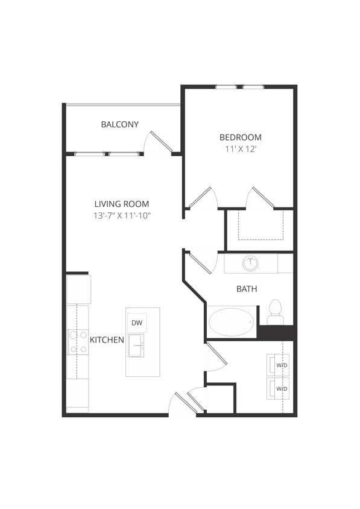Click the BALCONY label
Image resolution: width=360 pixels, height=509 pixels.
coord(119,124)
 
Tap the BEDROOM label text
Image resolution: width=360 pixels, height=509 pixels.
coord(240,137)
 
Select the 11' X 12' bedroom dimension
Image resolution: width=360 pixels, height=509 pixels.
coord(240,148)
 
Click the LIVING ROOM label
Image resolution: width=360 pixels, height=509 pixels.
coord(121,204)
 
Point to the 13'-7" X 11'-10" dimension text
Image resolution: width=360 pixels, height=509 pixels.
coord(121,215)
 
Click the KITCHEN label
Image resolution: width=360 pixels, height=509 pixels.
coord(107,340)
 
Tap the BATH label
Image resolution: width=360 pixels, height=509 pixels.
coord(246,289)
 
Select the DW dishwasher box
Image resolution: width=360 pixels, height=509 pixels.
coord(136,323)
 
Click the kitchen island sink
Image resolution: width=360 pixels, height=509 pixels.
coord(136,345)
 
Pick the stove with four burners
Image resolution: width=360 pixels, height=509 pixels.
coord(78,341)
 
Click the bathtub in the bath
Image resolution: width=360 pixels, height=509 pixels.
coord(232,322)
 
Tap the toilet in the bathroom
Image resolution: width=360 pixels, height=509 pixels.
coord(275,309)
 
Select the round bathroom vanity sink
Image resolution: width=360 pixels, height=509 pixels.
coord(250,264)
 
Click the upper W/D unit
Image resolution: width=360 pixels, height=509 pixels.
coord(279,365)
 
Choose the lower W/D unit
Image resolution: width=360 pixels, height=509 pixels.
coord(279,388)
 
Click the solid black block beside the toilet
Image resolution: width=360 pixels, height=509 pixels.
coord(276,333)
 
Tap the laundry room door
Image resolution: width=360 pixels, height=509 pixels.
coord(216,355)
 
